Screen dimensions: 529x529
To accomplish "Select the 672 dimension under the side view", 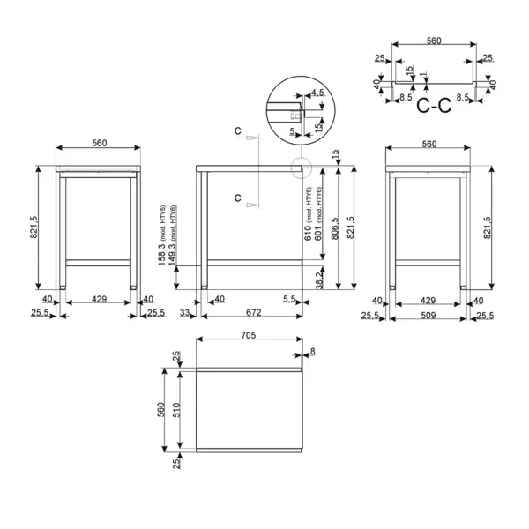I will [253, 312].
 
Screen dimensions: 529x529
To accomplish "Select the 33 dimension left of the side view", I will [185, 312].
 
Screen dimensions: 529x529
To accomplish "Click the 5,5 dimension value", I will [289, 300].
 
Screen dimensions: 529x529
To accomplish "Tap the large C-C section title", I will [433, 107].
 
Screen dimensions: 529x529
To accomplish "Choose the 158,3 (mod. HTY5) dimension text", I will [162, 235].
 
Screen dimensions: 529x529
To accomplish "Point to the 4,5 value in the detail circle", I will [318, 91].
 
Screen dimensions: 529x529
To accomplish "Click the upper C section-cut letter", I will [238, 130].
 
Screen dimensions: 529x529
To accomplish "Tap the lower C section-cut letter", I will [238, 197].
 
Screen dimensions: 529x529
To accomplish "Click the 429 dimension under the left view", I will [99, 300].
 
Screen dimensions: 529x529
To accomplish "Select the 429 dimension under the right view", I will [428, 300].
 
